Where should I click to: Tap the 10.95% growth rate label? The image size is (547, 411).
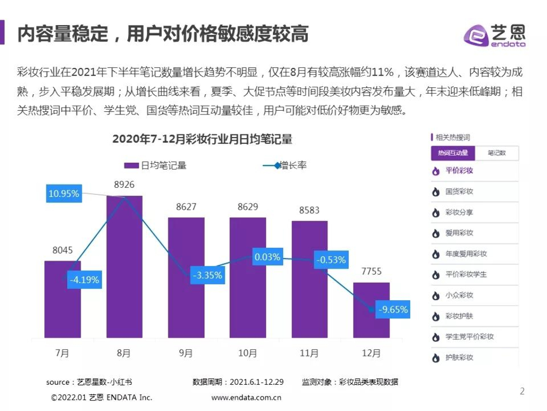pos(64,194)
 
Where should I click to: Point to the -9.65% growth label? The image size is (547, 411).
pos(393,309)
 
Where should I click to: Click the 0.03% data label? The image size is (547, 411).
pos(267,257)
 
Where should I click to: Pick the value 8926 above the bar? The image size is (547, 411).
pos(124,185)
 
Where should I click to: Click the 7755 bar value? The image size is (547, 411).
pos(371,271)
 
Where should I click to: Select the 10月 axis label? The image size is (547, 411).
pos(248,353)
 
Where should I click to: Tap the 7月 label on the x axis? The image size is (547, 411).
pos(62,353)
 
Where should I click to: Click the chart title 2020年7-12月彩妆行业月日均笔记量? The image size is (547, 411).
pos(202,140)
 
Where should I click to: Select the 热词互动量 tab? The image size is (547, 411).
pos(452,153)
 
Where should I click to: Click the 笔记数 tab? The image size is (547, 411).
pos(496,153)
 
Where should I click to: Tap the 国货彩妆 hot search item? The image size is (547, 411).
pos(459,192)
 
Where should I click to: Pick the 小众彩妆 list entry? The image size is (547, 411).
pos(459,295)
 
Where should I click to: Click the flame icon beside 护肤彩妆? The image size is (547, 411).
pos(436,357)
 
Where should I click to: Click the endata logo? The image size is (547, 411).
pos(494,36)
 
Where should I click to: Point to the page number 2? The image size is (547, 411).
pos(522,391)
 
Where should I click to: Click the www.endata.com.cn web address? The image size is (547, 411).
pos(246,398)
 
